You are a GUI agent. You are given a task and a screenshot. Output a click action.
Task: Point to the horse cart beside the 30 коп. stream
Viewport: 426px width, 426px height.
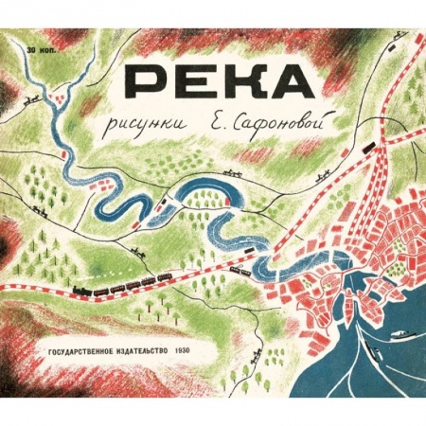35,98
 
